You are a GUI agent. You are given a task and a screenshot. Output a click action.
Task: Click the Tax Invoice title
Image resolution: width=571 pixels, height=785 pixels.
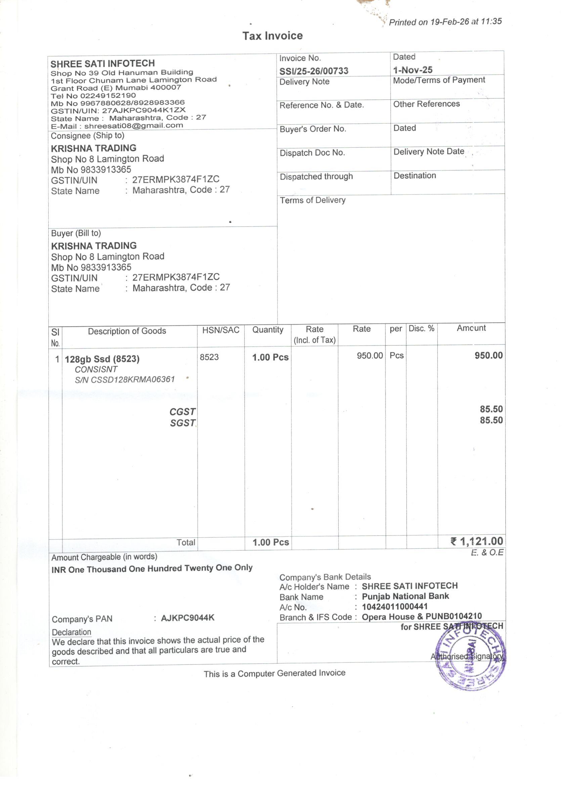pyautogui.click(x=272, y=36)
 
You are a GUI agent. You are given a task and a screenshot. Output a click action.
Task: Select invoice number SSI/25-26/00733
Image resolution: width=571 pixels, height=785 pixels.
pyautogui.click(x=314, y=71)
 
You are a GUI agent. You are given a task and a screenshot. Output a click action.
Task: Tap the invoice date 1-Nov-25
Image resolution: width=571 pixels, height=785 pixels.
pyautogui.click(x=413, y=70)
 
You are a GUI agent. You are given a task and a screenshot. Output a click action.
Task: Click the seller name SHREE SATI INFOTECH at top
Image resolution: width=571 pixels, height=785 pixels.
pyautogui.click(x=102, y=64)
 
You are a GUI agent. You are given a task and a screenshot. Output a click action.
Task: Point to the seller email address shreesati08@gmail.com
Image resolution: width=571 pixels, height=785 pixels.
pyautogui.click(x=134, y=126)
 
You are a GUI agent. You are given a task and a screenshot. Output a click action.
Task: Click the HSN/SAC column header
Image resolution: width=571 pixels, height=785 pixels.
pyautogui.click(x=221, y=330)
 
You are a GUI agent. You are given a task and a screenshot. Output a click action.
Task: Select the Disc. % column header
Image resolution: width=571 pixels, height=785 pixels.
pyautogui.click(x=421, y=328)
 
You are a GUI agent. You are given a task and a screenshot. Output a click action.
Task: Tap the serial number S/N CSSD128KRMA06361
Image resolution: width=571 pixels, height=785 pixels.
pyautogui.click(x=125, y=380)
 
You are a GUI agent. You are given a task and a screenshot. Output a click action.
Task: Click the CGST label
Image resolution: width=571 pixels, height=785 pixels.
pyautogui.click(x=182, y=412)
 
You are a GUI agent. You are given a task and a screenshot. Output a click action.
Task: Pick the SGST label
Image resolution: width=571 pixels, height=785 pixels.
pyautogui.click(x=182, y=423)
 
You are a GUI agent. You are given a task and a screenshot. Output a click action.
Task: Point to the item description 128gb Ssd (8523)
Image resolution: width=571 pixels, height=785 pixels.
pyautogui.click(x=102, y=359)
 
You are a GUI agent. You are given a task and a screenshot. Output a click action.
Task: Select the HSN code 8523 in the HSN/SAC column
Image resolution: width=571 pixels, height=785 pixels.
pyautogui.click(x=209, y=357)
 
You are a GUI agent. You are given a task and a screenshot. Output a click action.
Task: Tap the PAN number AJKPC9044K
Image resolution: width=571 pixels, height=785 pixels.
pyautogui.click(x=188, y=618)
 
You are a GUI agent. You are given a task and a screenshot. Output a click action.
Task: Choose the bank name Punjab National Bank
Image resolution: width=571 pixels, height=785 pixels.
pyautogui.click(x=405, y=596)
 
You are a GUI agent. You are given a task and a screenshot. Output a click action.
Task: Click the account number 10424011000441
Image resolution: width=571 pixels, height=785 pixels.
pyautogui.click(x=395, y=606)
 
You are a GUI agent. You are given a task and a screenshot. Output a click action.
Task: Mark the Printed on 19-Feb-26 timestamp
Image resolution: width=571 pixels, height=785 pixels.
pyautogui.click(x=445, y=22)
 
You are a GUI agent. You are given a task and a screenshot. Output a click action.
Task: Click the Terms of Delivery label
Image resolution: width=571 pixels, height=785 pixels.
pyautogui.click(x=312, y=200)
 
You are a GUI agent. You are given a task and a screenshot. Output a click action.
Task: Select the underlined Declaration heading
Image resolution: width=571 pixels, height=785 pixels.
pyautogui.click(x=71, y=632)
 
